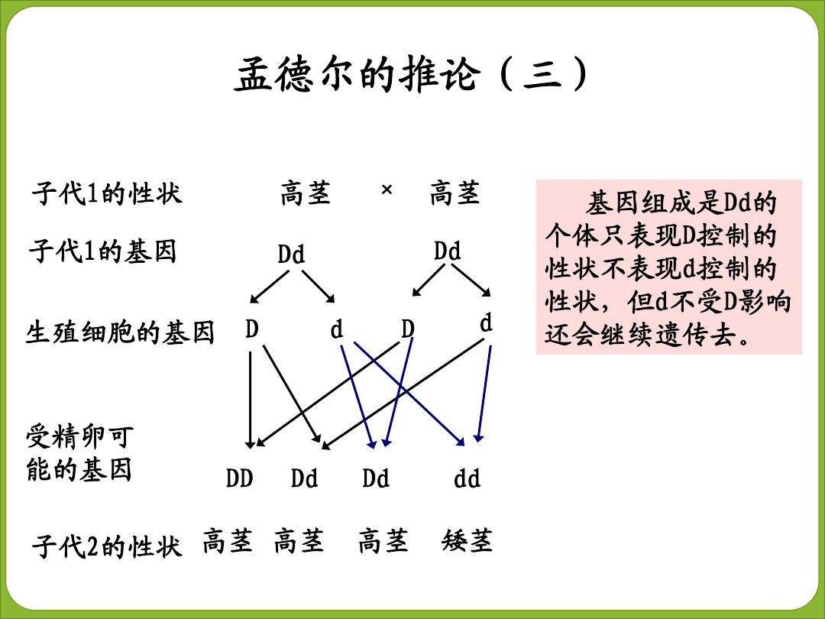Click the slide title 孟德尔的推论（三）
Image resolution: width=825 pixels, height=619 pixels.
tap(412, 76)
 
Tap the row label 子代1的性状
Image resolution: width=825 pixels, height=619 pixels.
tap(107, 193)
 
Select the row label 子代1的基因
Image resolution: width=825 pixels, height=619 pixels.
tap(103, 251)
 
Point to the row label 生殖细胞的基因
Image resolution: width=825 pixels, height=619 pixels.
tap(120, 333)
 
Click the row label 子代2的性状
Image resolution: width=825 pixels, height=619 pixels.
tap(107, 547)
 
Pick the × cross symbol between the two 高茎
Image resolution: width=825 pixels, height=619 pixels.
tap(386, 191)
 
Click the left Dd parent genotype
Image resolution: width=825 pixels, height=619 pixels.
tap(291, 254)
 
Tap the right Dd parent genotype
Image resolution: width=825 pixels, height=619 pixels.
tap(447, 251)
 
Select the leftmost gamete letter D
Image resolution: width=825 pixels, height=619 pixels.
tap(252, 329)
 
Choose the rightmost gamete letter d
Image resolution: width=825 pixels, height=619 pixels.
tap(486, 323)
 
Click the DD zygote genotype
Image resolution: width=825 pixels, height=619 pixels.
tap(239, 479)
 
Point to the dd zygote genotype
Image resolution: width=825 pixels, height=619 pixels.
tap(467, 479)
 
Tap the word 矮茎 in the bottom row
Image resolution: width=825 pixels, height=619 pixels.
tap(467, 542)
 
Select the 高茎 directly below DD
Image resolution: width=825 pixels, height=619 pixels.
tap(227, 542)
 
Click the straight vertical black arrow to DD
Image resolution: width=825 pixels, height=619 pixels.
tap(250, 397)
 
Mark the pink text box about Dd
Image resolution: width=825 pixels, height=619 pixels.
tap(668, 267)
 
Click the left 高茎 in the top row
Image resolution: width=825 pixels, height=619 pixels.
tap(306, 194)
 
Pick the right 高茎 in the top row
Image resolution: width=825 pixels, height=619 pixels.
tap(455, 194)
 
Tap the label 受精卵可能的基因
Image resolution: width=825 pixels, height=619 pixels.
tap(79, 453)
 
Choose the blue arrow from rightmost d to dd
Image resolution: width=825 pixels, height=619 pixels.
tap(484, 394)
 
